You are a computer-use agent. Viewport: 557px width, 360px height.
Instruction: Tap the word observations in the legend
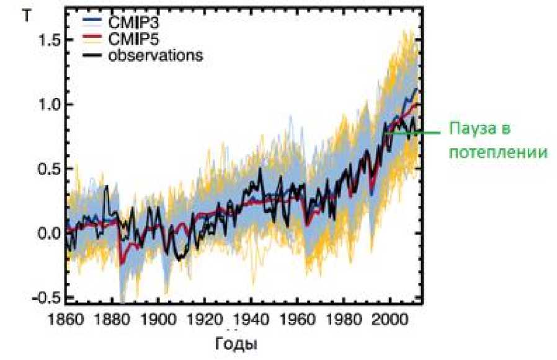[156, 55]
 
